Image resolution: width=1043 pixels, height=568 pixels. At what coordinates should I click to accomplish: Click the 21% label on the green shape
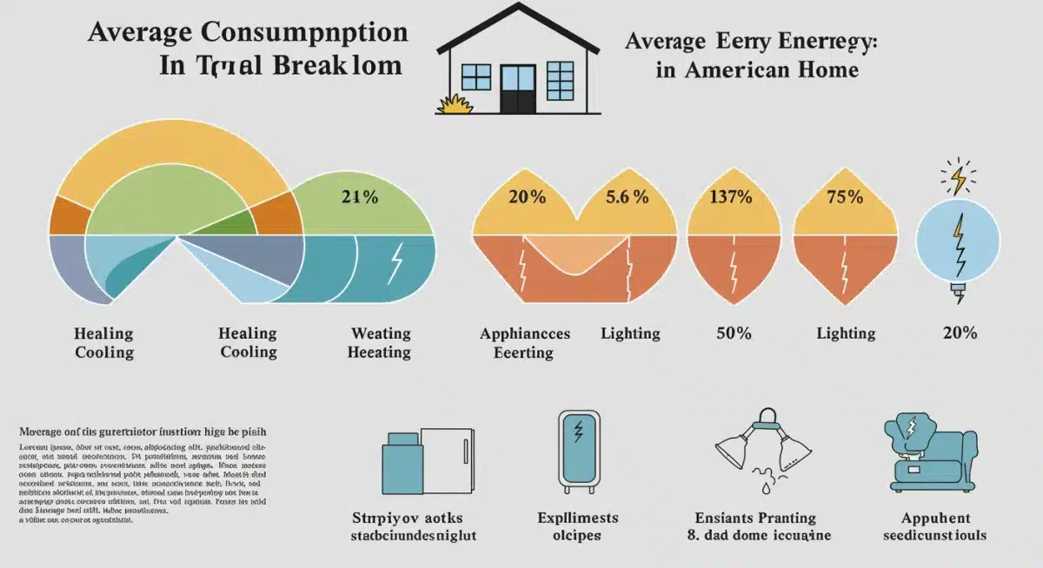[x=360, y=197]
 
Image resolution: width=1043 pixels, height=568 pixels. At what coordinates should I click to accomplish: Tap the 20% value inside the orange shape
[x=527, y=197]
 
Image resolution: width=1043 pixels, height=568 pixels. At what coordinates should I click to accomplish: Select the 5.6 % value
[x=628, y=197]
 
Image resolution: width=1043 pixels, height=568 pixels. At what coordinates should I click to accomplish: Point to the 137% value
[x=731, y=197]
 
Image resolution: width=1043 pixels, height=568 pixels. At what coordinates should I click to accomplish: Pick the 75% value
[x=845, y=197]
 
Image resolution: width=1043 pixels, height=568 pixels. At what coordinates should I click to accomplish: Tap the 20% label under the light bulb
[x=959, y=334]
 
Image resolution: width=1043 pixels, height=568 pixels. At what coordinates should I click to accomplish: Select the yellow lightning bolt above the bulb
[x=959, y=179]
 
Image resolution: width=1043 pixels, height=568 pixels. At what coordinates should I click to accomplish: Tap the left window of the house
[x=476, y=76]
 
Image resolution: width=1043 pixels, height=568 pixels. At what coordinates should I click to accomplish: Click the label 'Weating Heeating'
[x=380, y=343]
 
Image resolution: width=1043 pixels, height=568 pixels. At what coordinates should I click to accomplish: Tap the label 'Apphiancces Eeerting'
[x=525, y=343]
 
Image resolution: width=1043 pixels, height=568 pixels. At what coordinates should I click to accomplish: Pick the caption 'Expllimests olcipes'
[x=576, y=526]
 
